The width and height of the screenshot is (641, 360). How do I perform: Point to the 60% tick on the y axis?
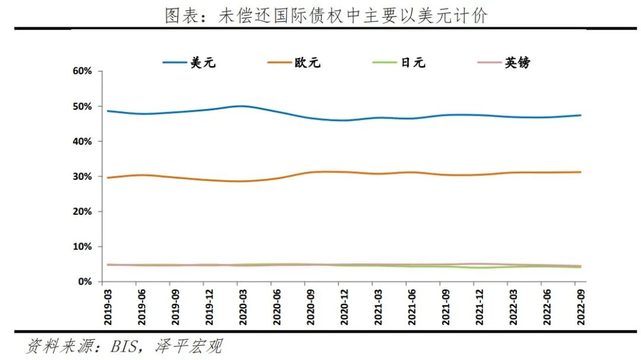coord(82,71)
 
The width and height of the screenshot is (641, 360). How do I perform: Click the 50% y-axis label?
coord(82,106)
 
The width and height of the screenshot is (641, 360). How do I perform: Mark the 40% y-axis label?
coord(82,141)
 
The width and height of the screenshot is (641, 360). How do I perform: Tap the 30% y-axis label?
coord(82,176)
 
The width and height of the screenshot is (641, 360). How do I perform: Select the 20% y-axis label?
coord(82,211)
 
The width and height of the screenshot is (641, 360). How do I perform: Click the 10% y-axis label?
coord(82,246)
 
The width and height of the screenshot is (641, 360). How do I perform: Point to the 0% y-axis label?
coord(84,281)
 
